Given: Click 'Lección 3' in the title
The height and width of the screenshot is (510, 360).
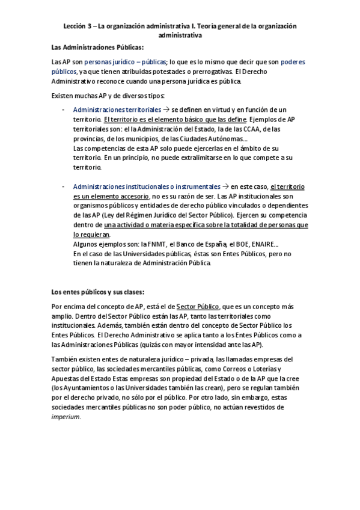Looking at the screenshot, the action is point(77,26).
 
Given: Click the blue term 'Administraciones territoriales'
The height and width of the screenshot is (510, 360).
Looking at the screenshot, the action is point(117,110).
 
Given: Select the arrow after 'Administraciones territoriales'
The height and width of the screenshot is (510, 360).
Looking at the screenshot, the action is point(166,110).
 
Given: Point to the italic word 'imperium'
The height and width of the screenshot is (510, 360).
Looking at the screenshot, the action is point(66,417).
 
